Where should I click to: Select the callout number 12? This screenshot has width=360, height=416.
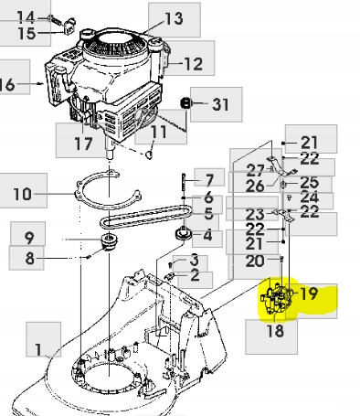[193, 64]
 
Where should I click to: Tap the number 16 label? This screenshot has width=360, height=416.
[6, 84]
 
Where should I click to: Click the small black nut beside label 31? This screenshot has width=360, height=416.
[185, 103]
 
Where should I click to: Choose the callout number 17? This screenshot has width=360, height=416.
[82, 144]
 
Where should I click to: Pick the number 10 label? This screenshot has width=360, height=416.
[23, 194]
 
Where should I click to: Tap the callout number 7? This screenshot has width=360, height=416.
[208, 179]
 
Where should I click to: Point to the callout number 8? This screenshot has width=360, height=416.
[29, 259]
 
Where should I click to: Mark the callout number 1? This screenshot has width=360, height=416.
[38, 349]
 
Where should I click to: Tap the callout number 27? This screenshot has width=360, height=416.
[256, 170]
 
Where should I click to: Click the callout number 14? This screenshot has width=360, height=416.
[26, 17]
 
